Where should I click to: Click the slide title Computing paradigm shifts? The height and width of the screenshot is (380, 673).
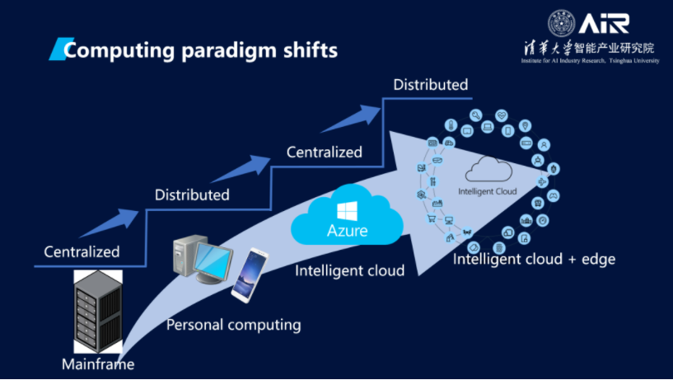pos(201,50)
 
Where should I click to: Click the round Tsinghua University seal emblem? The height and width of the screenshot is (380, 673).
pos(563,23)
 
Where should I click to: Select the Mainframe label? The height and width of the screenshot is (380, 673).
pos(97,364)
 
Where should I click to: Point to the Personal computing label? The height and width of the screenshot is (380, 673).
pos(233,325)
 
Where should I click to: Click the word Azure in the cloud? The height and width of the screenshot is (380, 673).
pos(346,230)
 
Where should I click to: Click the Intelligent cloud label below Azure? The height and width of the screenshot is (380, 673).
pos(349,270)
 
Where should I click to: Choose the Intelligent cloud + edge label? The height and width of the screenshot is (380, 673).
pos(534,260)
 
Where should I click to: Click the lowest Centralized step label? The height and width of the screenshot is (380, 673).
pos(82,251)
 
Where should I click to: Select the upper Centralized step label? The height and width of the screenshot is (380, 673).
pos(324,152)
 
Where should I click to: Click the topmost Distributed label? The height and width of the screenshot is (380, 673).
pos(430,85)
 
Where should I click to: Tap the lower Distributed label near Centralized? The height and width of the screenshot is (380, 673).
pos(192,195)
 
